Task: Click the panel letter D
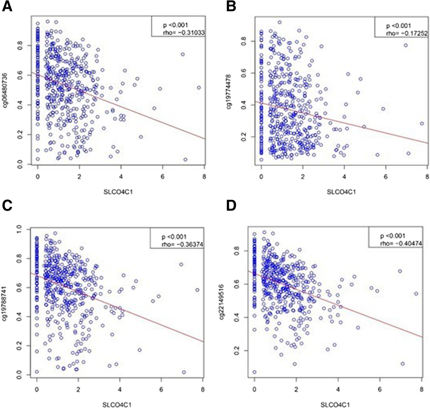[x=231, y=206]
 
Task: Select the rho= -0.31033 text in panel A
[x=184, y=32]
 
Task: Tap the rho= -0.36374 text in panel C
[x=183, y=244]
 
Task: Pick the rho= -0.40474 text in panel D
[x=401, y=243]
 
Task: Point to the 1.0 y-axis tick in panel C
[x=19, y=229]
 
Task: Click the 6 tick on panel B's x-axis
[x=385, y=177]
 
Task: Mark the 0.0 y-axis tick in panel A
[x=20, y=164]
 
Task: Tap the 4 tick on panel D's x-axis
[x=338, y=389]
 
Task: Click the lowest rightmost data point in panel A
[x=185, y=160]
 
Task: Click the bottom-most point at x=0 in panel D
[x=254, y=372]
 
